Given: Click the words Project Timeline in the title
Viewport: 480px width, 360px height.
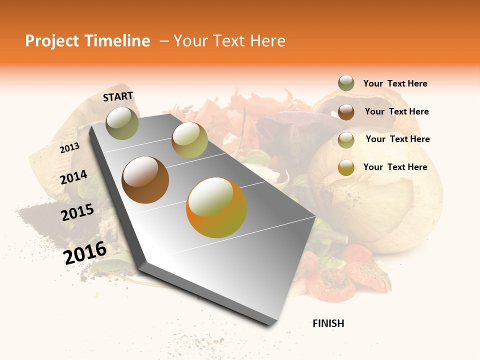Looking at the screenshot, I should click(x=87, y=41).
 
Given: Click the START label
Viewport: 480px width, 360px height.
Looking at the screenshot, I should click(x=118, y=96).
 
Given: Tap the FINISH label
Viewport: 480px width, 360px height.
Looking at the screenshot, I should click(x=328, y=323).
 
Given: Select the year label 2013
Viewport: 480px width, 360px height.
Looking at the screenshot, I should click(x=69, y=148).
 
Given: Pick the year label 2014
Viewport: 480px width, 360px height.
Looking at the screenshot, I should click(x=73, y=177).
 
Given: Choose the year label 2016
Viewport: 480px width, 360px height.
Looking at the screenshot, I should click(x=85, y=252).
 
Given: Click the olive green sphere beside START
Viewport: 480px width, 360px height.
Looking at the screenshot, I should click(x=122, y=123).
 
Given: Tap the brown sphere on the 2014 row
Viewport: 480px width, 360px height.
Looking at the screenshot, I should click(x=145, y=180).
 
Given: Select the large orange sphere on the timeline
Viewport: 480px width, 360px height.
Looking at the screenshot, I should click(x=216, y=207).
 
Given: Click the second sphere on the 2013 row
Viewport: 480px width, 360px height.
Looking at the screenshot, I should click(x=189, y=140).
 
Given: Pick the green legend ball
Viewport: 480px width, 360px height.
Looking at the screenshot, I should click(x=346, y=83).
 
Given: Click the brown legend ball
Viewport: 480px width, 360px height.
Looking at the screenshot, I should click(x=346, y=112).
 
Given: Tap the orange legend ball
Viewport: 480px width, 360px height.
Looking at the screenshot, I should click(x=346, y=167).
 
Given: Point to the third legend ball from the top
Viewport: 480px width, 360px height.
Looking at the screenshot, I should click(x=346, y=140).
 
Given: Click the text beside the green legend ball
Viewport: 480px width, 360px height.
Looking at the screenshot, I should click(x=395, y=83).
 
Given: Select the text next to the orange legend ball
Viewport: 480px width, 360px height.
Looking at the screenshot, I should click(x=395, y=167).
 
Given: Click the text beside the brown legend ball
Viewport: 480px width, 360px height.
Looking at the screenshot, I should click(x=396, y=111).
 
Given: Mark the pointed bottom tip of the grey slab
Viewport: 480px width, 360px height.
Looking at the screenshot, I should click(x=270, y=325).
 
